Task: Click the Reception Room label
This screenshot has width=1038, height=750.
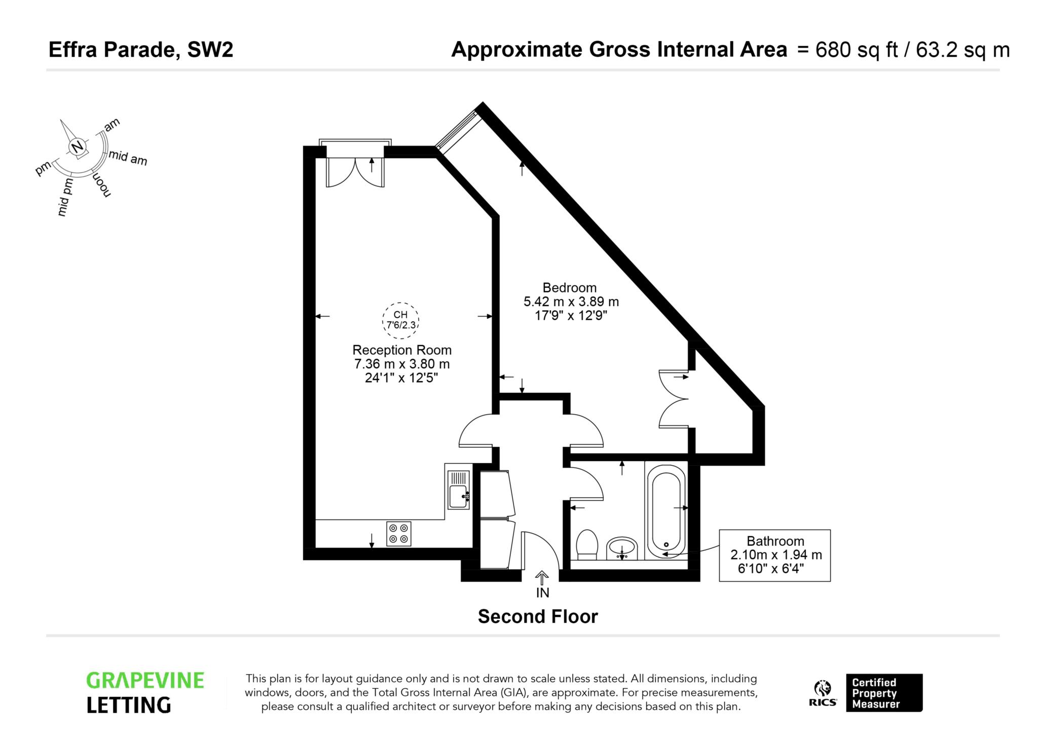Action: (x=402, y=350)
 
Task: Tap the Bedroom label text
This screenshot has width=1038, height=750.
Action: (x=570, y=288)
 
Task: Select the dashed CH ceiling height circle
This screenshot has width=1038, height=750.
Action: (x=401, y=320)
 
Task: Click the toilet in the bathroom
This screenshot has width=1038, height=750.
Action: (x=587, y=544)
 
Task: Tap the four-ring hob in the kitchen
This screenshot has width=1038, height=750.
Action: (x=399, y=534)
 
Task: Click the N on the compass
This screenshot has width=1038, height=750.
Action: (x=77, y=147)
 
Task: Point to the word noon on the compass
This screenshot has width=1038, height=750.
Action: (x=101, y=184)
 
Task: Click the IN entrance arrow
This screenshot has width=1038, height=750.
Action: (x=542, y=578)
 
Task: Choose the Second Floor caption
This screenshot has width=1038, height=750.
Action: (x=538, y=617)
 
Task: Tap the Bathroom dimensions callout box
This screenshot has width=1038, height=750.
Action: (x=774, y=555)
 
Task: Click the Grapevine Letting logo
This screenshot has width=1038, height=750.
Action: (x=145, y=693)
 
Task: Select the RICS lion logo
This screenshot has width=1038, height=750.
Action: (x=823, y=693)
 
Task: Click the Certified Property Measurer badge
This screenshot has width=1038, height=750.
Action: (x=884, y=693)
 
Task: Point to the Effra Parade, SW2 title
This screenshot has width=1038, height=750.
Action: (x=141, y=50)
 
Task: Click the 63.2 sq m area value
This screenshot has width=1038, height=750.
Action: (x=962, y=50)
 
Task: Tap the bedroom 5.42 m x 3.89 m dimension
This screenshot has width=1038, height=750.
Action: (x=571, y=302)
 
